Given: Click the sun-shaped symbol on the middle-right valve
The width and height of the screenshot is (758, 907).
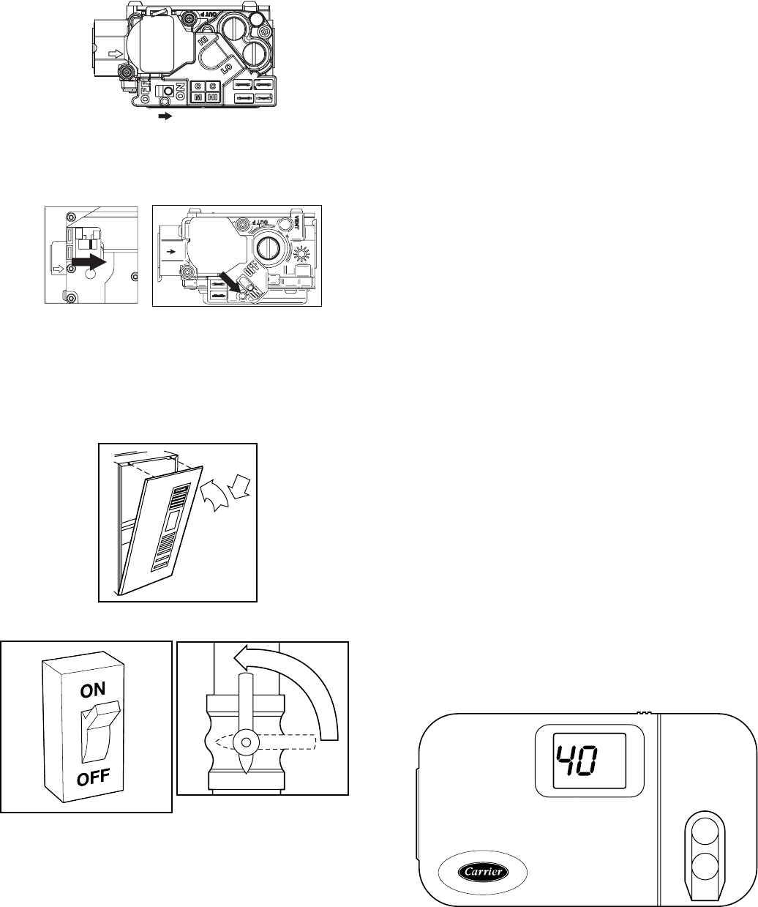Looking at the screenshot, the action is pos(301,255).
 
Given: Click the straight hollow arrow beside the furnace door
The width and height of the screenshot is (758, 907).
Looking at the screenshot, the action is pos(240,487).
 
